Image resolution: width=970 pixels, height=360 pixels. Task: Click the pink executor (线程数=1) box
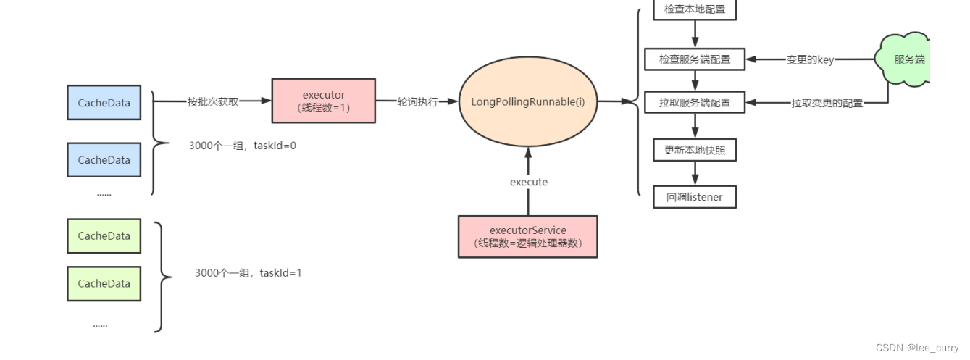pos(323,101)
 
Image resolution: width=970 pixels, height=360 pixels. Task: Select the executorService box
pos(528,236)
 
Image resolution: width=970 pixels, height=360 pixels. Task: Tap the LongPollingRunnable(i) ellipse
pos(528,102)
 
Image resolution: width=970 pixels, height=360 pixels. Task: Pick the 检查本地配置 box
pos(695,10)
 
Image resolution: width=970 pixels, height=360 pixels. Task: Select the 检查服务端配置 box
pos(695,59)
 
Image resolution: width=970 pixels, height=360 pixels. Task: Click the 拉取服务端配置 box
pos(695,102)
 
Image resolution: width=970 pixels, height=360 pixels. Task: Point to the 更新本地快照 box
pos(695,150)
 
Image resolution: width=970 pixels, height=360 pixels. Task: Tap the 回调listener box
pos(695,196)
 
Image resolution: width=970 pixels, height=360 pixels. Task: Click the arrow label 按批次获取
pos(212,102)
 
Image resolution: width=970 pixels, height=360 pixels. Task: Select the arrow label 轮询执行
pos(417,102)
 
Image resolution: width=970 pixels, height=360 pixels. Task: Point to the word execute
pos(528,182)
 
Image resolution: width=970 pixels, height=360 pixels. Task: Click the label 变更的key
pos(810,60)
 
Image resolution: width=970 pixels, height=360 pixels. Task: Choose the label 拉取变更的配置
pos(827,103)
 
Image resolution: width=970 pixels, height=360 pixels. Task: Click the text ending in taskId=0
pos(242,146)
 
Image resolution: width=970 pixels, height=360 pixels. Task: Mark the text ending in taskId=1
pos(248,273)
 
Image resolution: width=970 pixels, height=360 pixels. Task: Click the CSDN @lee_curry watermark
pos(916,348)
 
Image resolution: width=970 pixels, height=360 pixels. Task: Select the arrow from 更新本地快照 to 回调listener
pos(695,173)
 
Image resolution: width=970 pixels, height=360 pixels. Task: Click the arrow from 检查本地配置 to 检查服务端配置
pos(695,33)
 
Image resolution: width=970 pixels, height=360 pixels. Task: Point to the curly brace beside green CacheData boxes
pos(164,277)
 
